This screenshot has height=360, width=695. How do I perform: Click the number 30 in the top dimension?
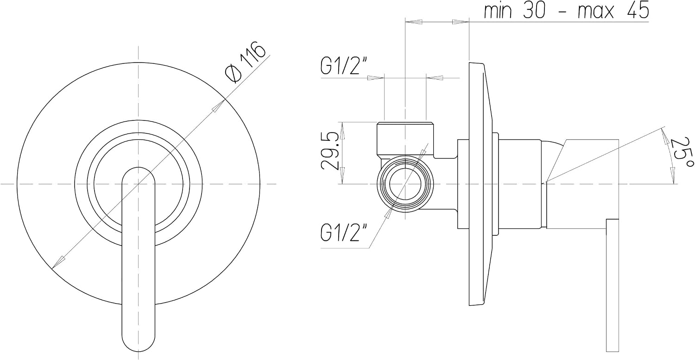534,10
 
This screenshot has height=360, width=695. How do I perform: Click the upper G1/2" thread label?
344,65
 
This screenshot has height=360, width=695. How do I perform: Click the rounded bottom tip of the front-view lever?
138,350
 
